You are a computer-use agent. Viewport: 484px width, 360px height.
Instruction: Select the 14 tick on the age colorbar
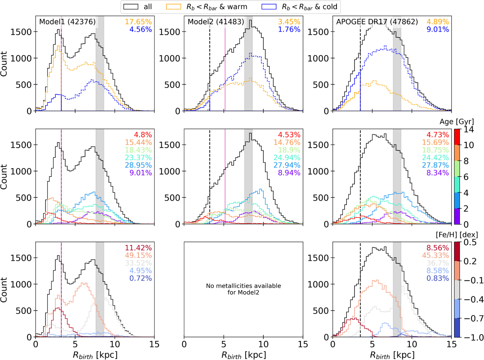(469, 129)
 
